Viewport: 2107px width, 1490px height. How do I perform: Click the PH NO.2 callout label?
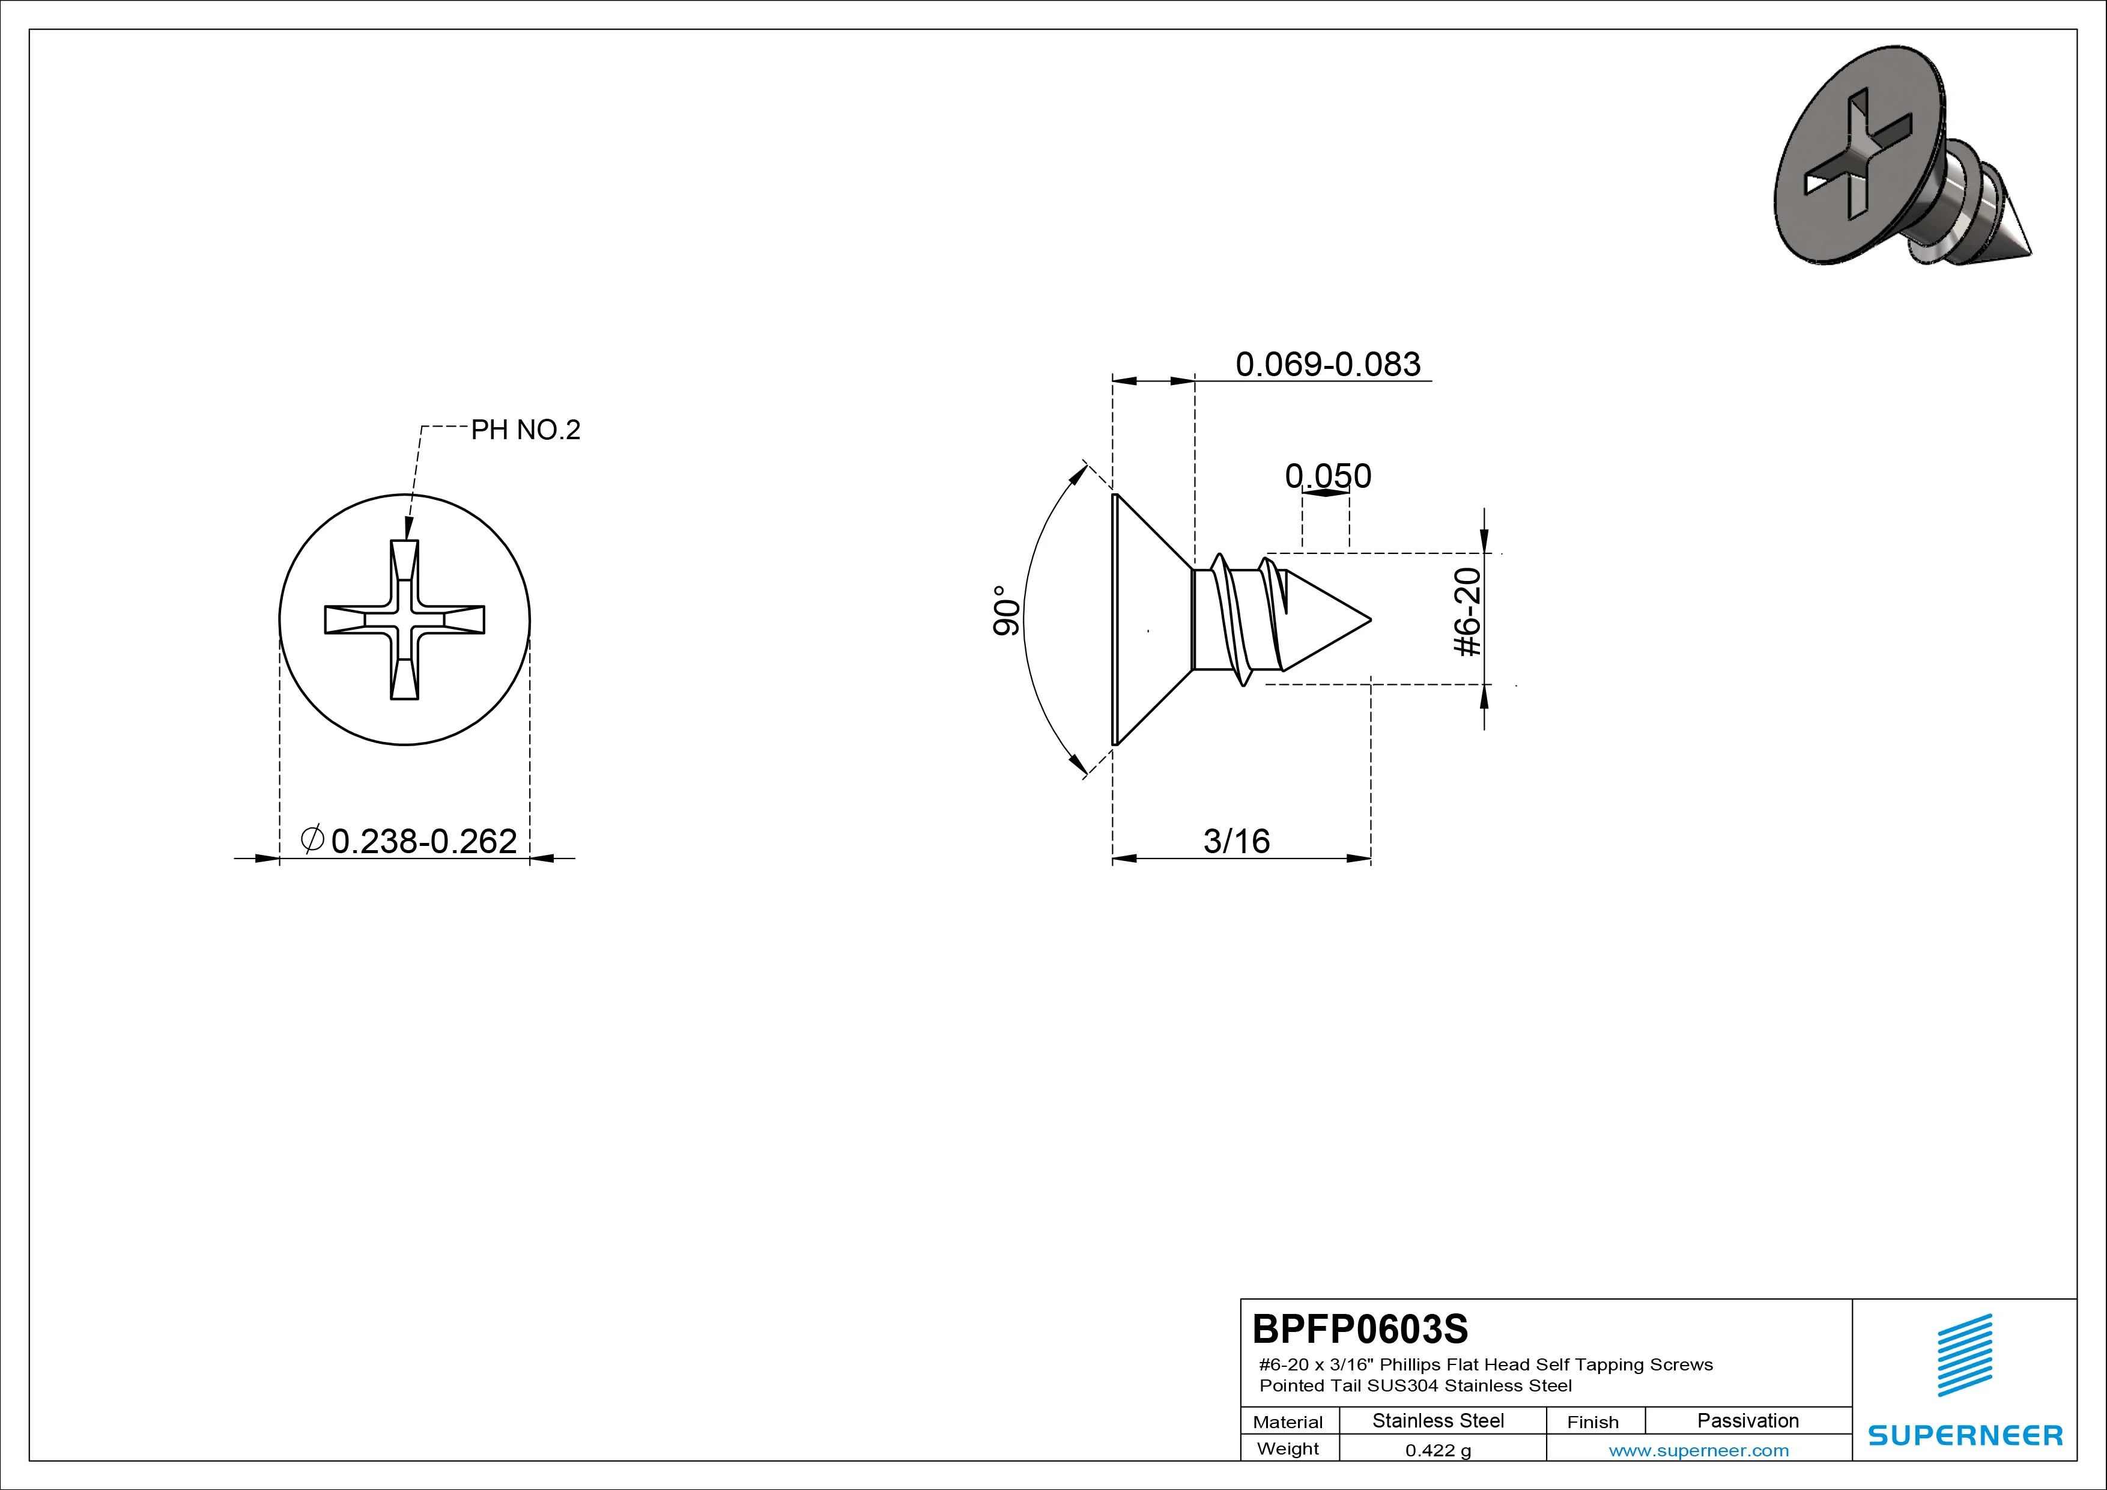[526, 430]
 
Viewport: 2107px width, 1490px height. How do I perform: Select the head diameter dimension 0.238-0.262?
[424, 841]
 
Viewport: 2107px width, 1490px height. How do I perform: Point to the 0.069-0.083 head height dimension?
[1328, 365]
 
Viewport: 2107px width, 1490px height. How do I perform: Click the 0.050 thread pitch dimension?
[1328, 476]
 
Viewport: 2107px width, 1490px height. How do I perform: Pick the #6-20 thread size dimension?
[1469, 612]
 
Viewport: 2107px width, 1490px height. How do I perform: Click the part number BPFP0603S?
[1360, 1328]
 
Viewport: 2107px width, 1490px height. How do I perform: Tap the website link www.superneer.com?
[1699, 1450]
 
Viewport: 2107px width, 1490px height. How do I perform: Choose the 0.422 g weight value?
[1438, 1450]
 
